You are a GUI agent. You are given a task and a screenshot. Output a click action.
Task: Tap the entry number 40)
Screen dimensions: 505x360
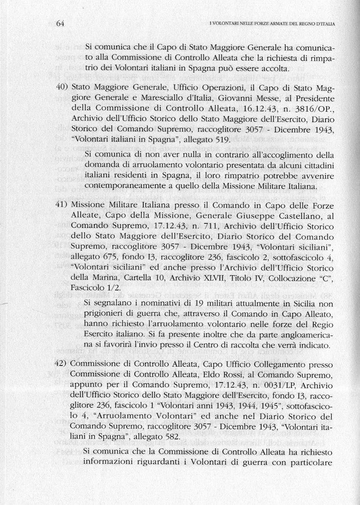62,88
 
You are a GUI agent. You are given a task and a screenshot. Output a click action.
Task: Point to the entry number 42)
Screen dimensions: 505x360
62,364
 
